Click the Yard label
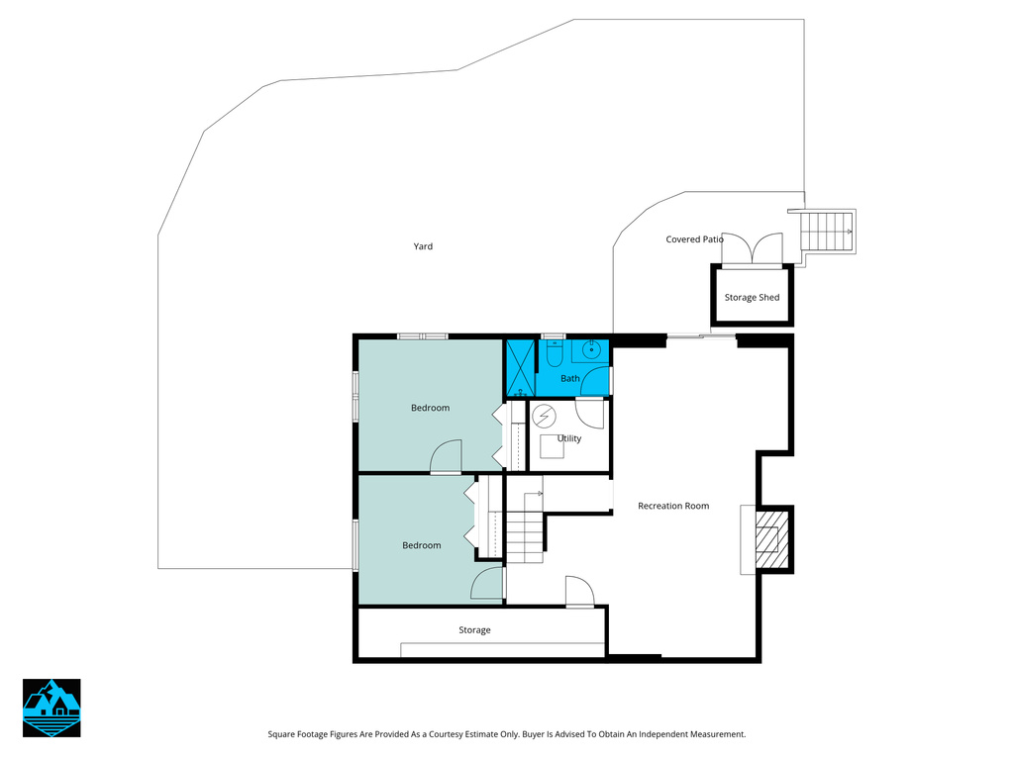tap(423, 246)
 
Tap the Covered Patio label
tap(694, 239)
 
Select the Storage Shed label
tap(752, 297)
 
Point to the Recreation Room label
tap(673, 506)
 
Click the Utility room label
tap(569, 438)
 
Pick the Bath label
tap(569, 378)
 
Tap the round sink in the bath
tap(590, 349)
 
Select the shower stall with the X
tap(520, 367)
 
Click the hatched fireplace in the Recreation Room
tap(772, 539)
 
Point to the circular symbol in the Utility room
tap(544, 417)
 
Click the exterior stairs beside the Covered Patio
tap(827, 231)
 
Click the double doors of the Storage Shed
tap(752, 248)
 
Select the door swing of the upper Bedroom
tap(447, 456)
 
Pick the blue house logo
tap(51, 708)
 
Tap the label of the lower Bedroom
tap(422, 545)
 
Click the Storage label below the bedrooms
tap(474, 630)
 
